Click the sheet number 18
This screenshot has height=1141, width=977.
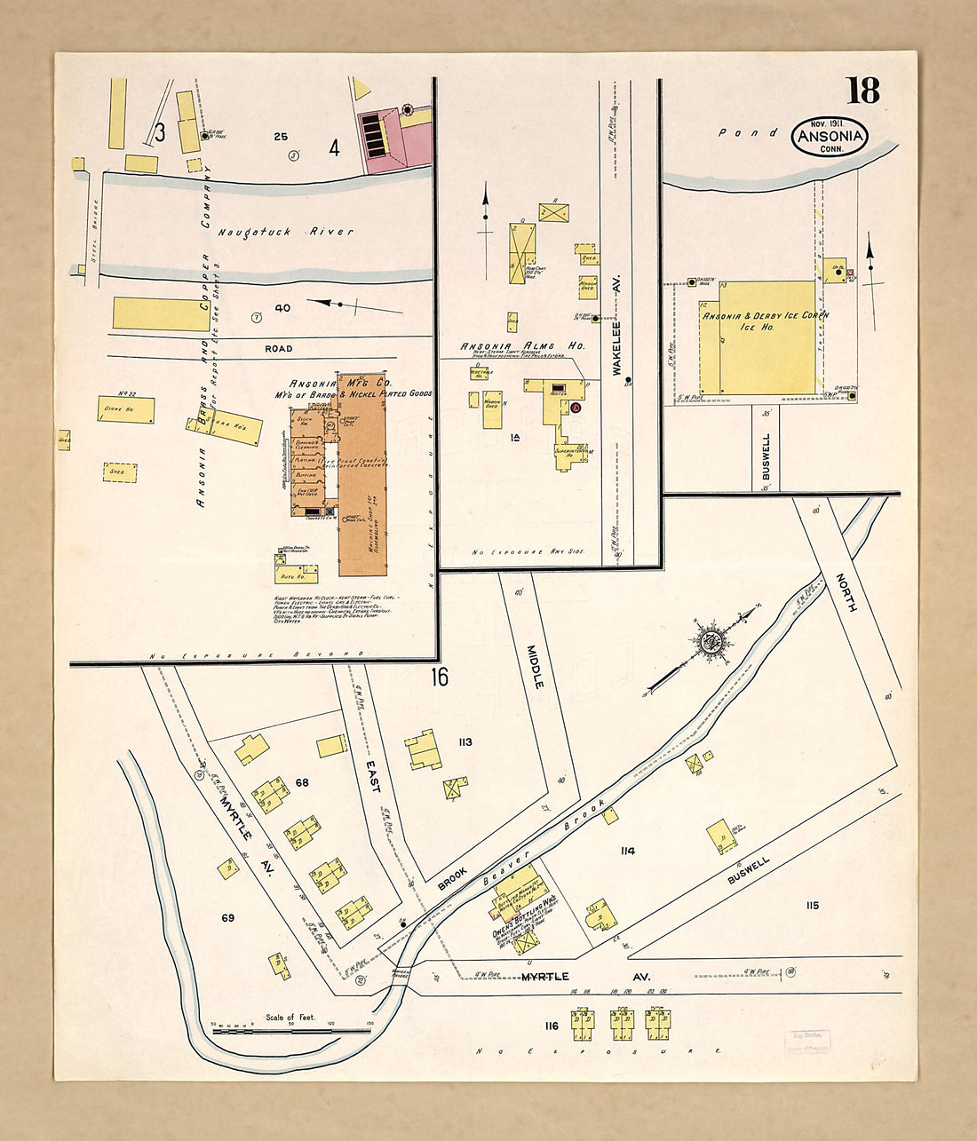[x=862, y=91]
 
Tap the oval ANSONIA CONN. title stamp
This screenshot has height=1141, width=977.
[x=830, y=137]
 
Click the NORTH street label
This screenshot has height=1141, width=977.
[x=846, y=592]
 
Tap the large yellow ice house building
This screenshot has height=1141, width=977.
[x=767, y=338]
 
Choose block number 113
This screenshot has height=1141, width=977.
[x=465, y=742]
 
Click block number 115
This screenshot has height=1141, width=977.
[x=812, y=906]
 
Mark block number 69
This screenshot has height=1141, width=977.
[x=227, y=917]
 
